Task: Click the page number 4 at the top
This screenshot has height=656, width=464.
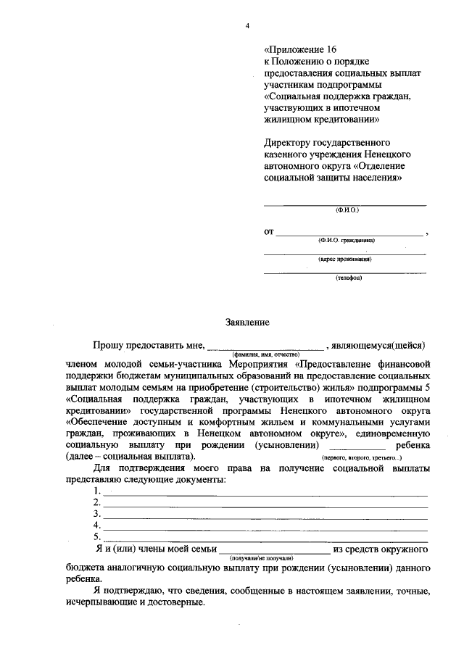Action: (x=247, y=27)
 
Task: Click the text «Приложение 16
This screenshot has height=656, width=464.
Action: (x=300, y=49)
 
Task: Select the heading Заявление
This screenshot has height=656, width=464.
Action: (x=246, y=321)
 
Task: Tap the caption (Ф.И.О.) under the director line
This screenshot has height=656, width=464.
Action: (x=347, y=209)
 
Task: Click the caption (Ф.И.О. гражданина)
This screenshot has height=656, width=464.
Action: (x=346, y=239)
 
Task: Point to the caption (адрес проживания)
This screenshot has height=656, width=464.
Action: (x=346, y=259)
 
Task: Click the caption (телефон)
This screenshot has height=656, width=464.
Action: (x=347, y=278)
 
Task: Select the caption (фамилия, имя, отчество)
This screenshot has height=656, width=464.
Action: (x=266, y=353)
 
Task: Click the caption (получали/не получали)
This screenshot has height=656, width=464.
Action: (x=260, y=557)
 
